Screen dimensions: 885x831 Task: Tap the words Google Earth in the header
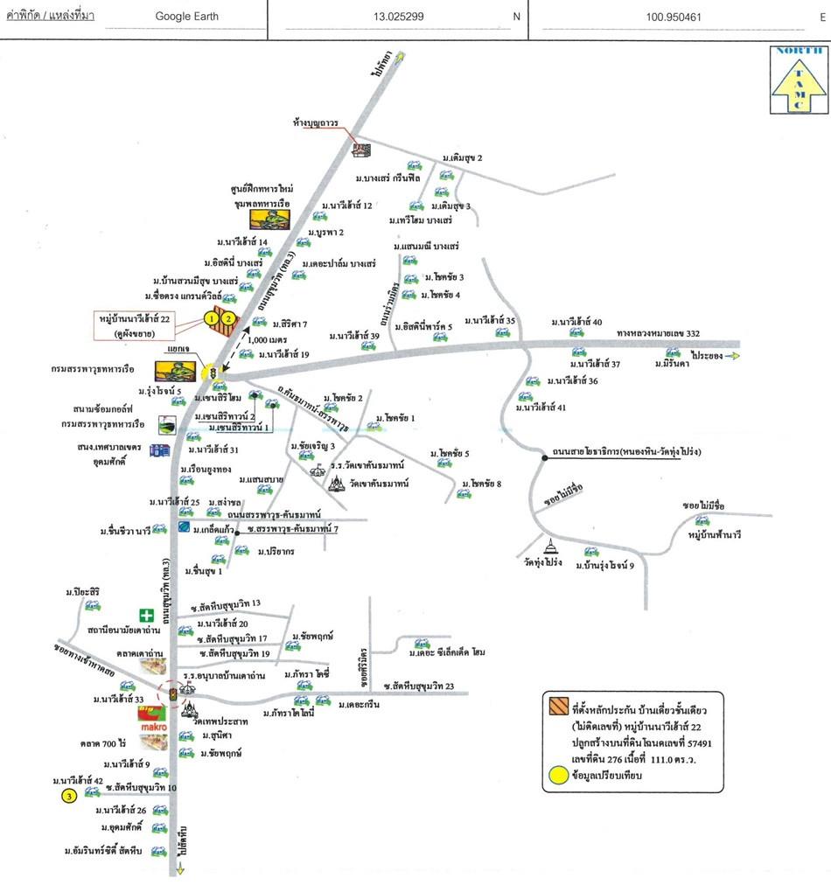(x=186, y=16)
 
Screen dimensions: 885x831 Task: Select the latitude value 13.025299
(x=397, y=17)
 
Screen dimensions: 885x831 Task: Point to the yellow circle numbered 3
(x=68, y=796)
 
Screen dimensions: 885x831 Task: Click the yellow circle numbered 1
(x=211, y=319)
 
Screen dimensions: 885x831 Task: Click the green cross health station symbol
(x=145, y=616)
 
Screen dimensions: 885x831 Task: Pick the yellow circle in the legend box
(x=557, y=774)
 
